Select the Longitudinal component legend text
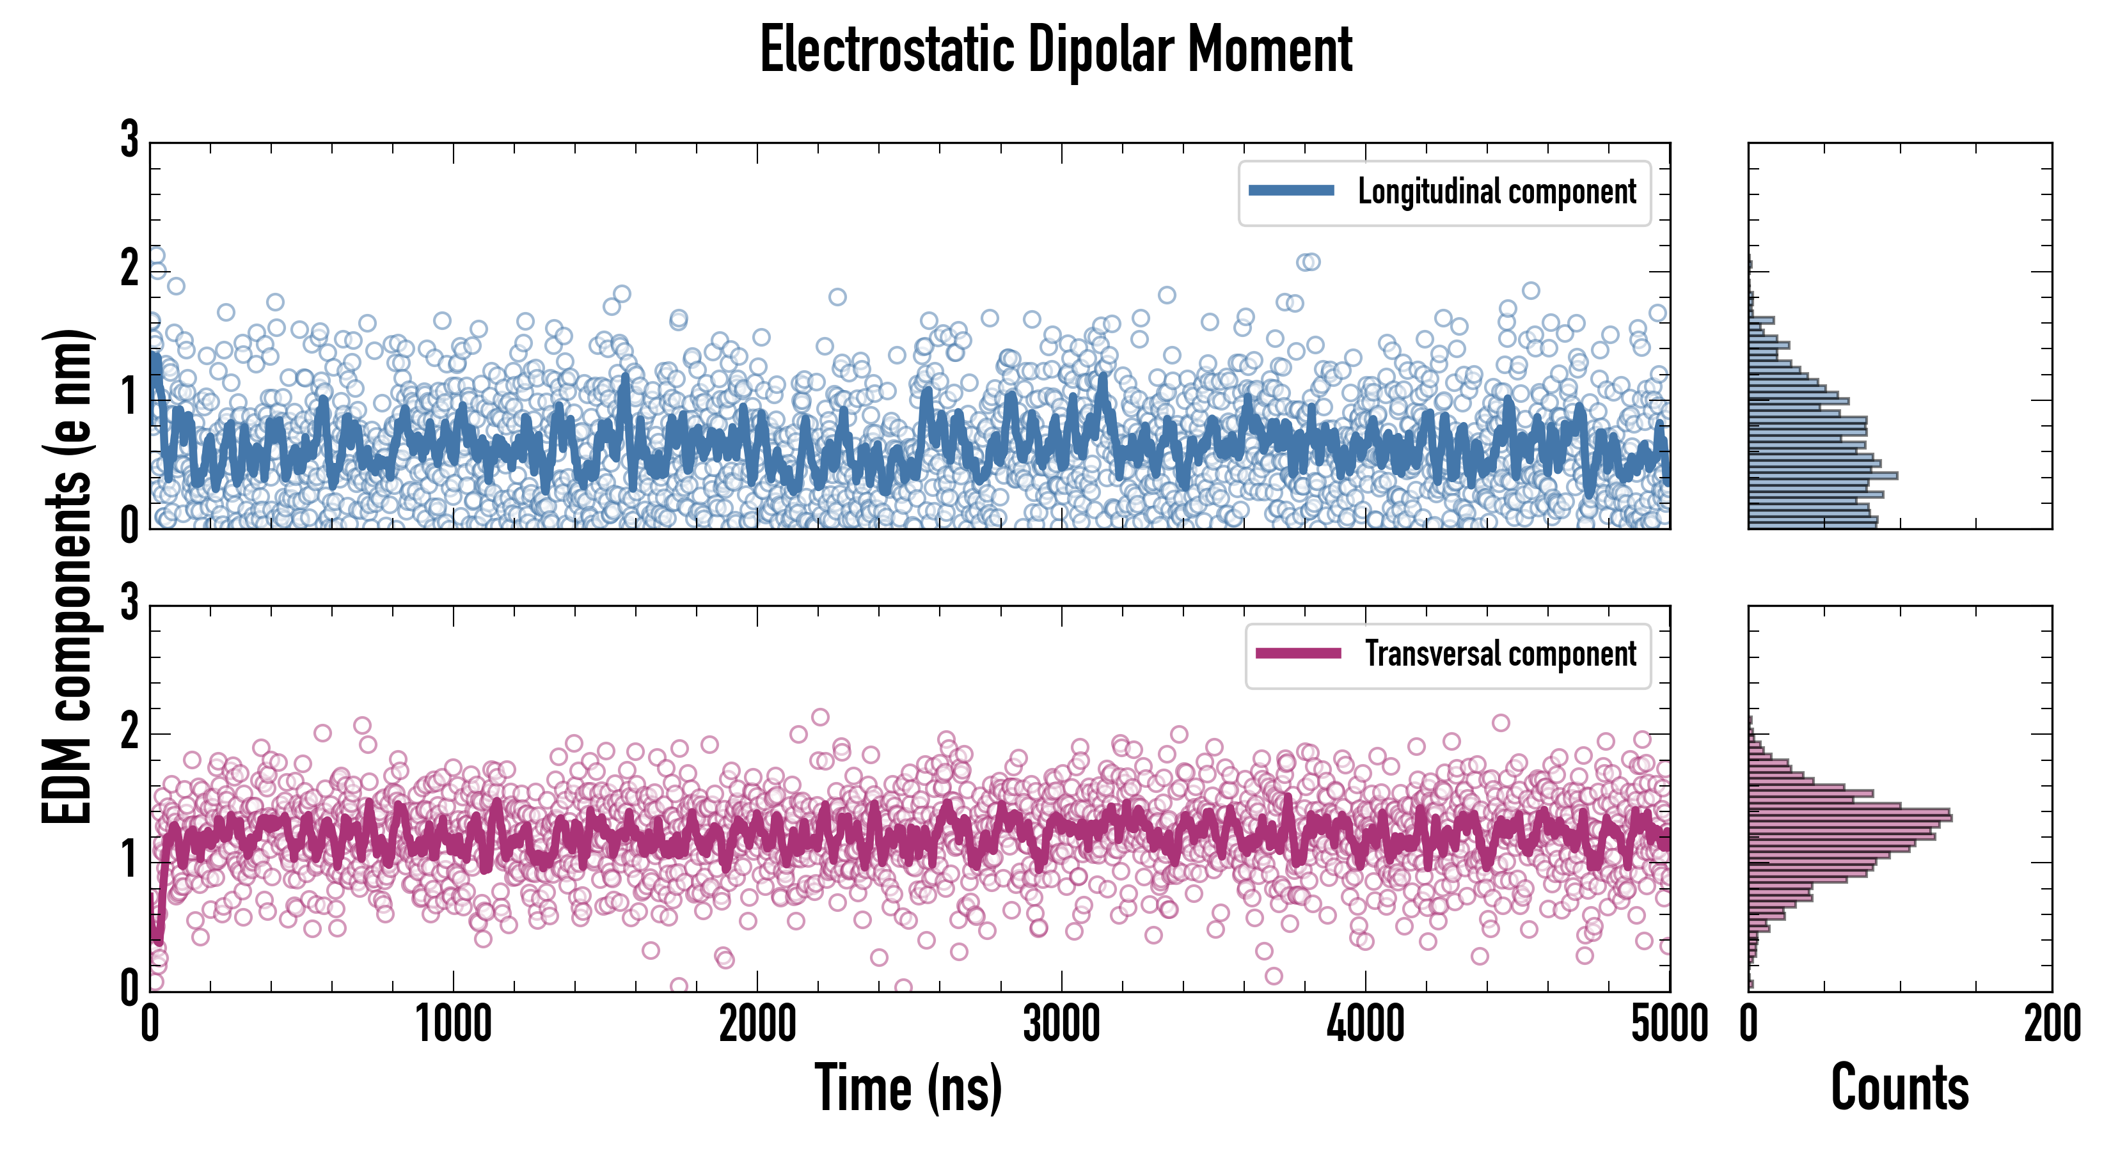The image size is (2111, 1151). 1496,192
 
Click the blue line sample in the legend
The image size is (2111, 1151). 1291,191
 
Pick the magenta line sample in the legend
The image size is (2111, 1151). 1297,653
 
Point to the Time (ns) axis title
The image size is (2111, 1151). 908,1087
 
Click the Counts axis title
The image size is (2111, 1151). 1899,1087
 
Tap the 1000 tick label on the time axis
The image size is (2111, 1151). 453,1024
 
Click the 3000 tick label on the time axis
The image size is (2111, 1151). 1061,1024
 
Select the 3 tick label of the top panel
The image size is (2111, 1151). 129,139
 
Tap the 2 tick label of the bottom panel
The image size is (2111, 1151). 129,732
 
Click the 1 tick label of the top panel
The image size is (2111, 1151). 129,397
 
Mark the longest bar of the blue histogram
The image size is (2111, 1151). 1822,476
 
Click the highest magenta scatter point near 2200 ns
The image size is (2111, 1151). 819,717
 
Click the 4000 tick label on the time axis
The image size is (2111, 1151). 1365,1024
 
